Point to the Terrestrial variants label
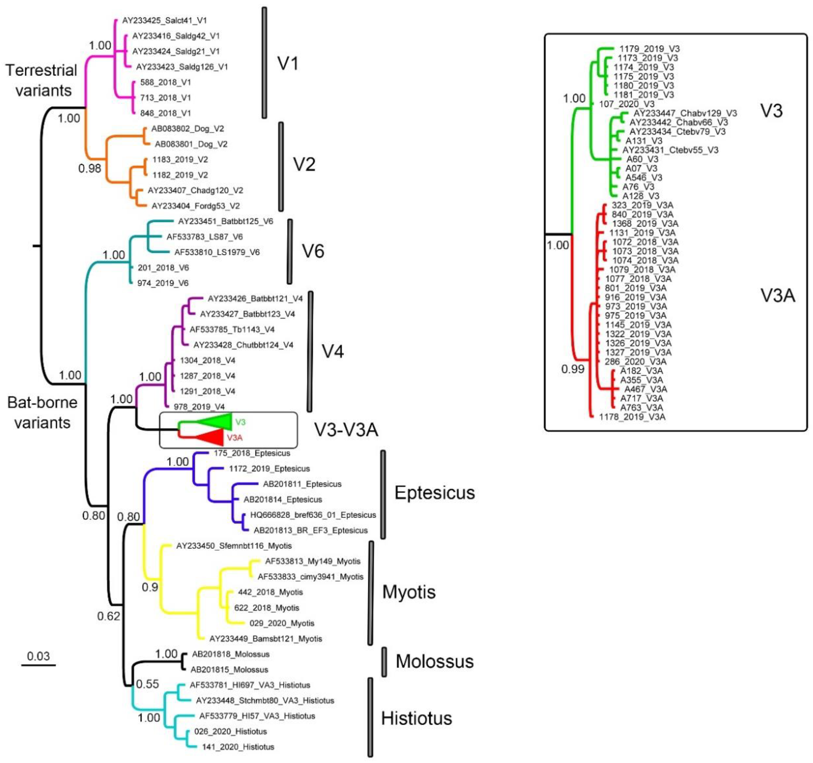point(42,80)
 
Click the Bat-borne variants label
point(42,412)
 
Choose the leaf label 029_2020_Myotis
point(282,623)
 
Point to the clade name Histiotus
point(416,718)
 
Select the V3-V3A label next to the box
point(346,429)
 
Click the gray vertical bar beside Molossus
point(384,662)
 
